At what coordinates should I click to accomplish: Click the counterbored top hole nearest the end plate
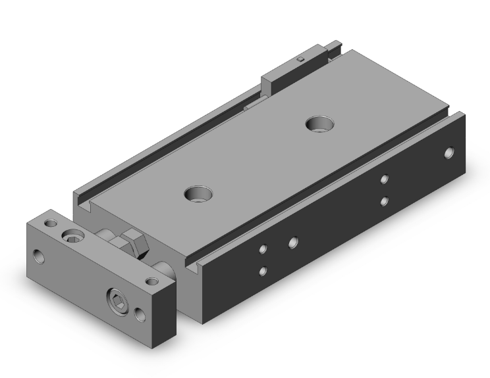tap(199, 193)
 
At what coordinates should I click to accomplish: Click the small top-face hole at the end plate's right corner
tap(153, 281)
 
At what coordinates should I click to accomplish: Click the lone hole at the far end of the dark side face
tap(449, 153)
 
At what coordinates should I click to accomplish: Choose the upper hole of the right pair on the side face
tap(385, 178)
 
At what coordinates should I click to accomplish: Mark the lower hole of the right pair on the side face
tap(385, 201)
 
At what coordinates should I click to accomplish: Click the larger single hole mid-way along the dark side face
tap(292, 242)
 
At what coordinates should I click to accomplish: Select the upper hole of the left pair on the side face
tap(263, 248)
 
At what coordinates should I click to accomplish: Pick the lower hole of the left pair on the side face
tap(263, 270)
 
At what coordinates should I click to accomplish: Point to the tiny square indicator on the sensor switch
tap(300, 59)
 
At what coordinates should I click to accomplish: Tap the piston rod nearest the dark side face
tap(164, 268)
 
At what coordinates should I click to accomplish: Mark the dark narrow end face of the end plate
tap(169, 308)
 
